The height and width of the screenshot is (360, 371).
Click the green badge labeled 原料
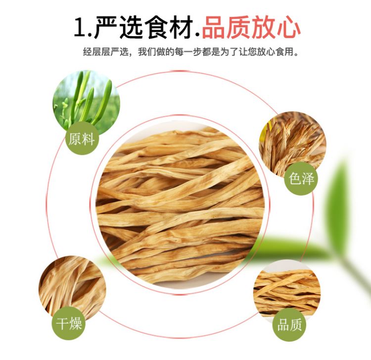coord(82,139)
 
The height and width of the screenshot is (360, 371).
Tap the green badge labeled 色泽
coord(301,178)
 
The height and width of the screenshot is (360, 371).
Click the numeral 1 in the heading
coord(80,27)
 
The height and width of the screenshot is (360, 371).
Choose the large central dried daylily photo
coord(181,203)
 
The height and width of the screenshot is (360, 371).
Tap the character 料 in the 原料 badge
coord(88,139)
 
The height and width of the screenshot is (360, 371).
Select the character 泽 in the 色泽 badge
coord(308,178)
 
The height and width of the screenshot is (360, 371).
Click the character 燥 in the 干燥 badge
coord(75,324)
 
